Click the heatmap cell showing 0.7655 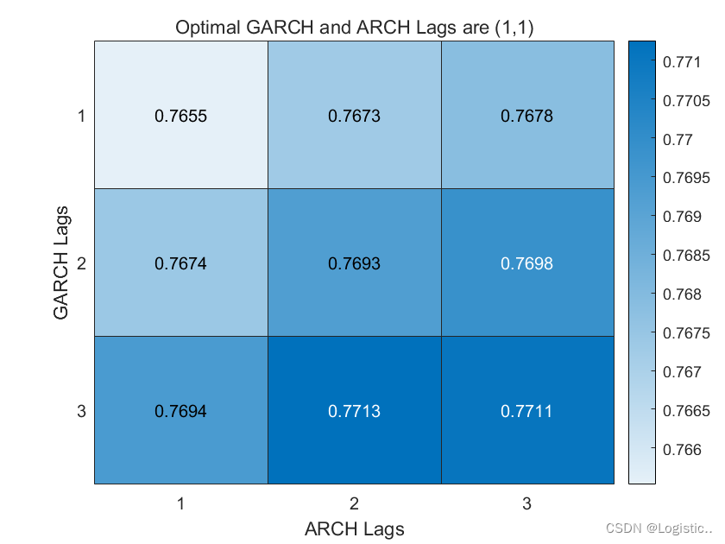tap(180, 115)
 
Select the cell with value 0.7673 tap(354, 115)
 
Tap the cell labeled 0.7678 tap(527, 115)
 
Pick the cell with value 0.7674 tap(180, 263)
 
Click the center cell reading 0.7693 tap(354, 263)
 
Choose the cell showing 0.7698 tap(527, 263)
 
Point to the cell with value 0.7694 tap(180, 410)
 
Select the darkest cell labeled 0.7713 tap(354, 410)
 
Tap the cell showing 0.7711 tap(527, 410)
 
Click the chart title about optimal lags tap(354, 27)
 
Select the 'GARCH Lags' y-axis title tap(61, 263)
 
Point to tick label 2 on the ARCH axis tap(354, 501)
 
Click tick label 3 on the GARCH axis tap(81, 411)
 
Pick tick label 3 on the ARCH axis tap(527, 501)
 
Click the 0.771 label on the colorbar tap(680, 62)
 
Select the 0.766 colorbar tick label tap(680, 450)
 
